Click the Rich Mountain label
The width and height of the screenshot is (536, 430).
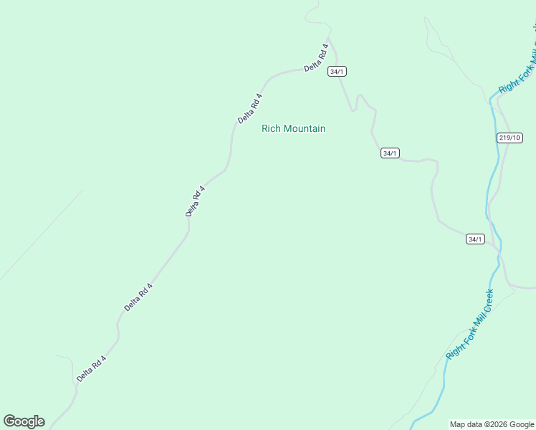(293, 129)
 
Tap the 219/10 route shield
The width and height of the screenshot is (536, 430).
(509, 138)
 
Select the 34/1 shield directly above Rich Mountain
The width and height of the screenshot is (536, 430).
(337, 72)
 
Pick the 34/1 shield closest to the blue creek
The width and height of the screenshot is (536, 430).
(475, 239)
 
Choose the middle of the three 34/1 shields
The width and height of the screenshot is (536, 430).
(389, 153)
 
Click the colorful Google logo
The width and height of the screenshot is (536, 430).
(24, 421)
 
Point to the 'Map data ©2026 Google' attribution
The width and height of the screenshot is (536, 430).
(492, 424)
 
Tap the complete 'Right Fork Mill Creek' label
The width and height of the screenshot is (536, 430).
(470, 324)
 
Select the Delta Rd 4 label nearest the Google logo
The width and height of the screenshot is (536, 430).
(91, 368)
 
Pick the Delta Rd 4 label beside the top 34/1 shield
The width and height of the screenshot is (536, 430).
(316, 57)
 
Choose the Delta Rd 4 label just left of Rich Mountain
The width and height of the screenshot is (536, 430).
(250, 108)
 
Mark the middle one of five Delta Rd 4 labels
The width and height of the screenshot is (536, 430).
(195, 201)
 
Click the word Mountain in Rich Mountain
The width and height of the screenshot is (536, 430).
(305, 129)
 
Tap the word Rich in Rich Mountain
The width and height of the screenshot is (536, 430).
(271, 129)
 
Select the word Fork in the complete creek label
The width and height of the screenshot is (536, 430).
(466, 330)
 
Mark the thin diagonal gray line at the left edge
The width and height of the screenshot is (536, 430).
(41, 234)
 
